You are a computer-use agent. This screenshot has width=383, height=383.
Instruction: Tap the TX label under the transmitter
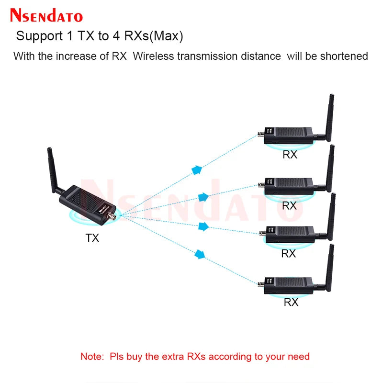pyautogui.click(x=92, y=237)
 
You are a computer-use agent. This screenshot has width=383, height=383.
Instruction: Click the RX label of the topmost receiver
pyautogui.click(x=290, y=155)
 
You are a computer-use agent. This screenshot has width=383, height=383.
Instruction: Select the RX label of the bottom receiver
pyautogui.click(x=291, y=302)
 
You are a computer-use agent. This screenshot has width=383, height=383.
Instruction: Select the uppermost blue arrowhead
pyautogui.click(x=196, y=169)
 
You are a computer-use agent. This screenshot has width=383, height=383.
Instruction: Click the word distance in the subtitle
pyautogui.click(x=257, y=56)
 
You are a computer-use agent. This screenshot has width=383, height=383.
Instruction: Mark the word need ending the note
pyautogui.click(x=299, y=356)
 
